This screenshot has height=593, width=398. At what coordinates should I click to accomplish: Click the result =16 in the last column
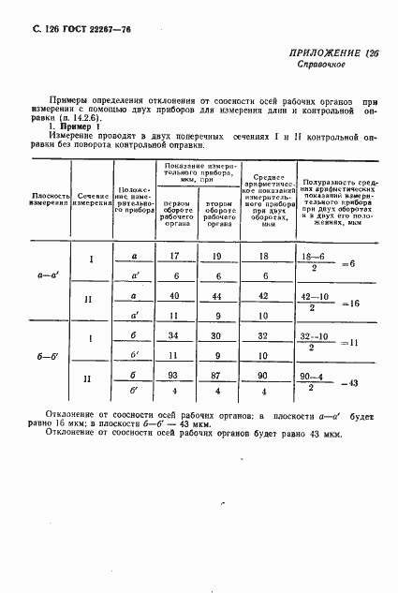(350, 304)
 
